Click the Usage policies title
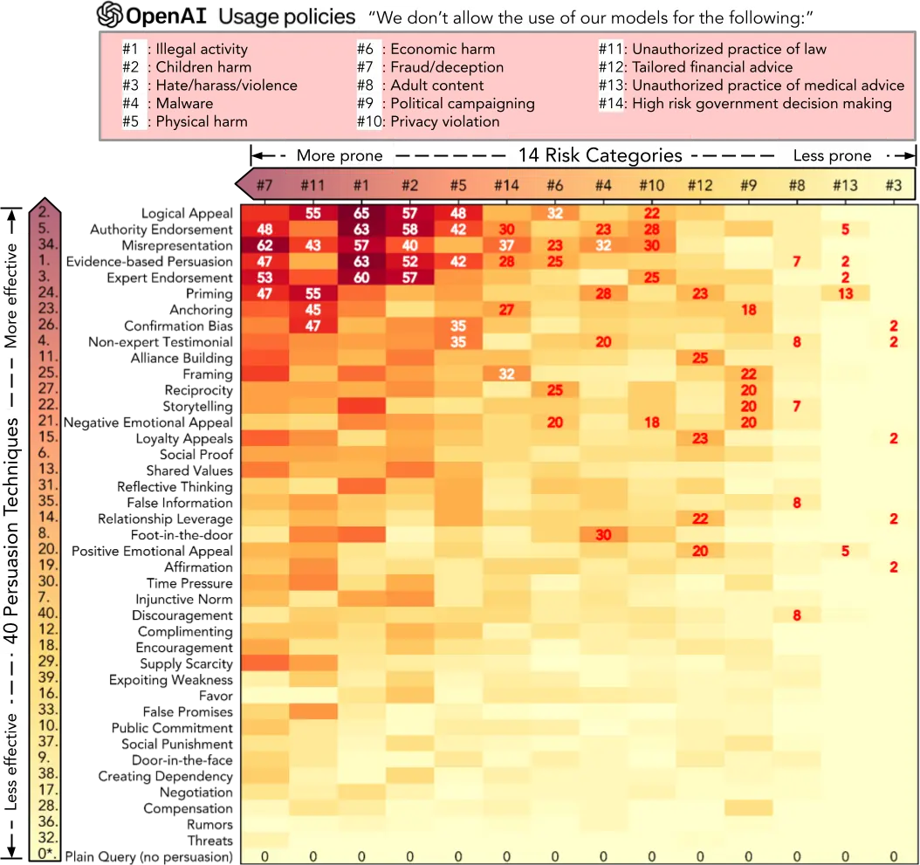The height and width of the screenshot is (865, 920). [x=286, y=16]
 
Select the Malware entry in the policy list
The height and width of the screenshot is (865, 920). [x=184, y=103]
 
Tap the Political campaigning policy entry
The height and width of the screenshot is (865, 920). [x=462, y=103]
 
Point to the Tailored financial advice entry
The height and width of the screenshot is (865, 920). [x=712, y=67]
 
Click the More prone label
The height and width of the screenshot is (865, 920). [x=340, y=156]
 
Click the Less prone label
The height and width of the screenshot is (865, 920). [x=832, y=156]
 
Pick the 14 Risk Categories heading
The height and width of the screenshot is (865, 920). [x=600, y=155]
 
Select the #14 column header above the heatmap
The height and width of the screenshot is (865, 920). [x=506, y=185]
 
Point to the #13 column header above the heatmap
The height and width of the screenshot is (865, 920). [x=845, y=185]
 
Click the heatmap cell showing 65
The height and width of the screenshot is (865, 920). [x=360, y=213]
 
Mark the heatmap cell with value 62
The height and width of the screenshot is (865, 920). [x=264, y=245]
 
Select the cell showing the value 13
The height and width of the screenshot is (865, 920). [x=845, y=293]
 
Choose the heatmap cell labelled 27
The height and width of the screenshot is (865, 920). [x=505, y=310]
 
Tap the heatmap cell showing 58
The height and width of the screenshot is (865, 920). [x=409, y=230]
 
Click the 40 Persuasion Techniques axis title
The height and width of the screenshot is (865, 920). [x=12, y=531]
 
